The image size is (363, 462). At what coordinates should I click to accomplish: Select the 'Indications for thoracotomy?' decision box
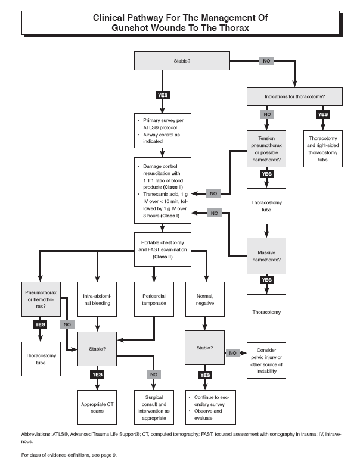click(294, 96)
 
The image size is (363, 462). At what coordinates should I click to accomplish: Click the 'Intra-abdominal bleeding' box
click(97, 299)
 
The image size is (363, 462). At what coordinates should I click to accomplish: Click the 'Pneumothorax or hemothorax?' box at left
click(41, 299)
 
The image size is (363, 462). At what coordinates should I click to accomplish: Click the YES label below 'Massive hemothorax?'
click(266, 279)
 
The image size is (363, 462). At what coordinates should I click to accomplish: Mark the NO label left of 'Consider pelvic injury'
click(233, 352)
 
